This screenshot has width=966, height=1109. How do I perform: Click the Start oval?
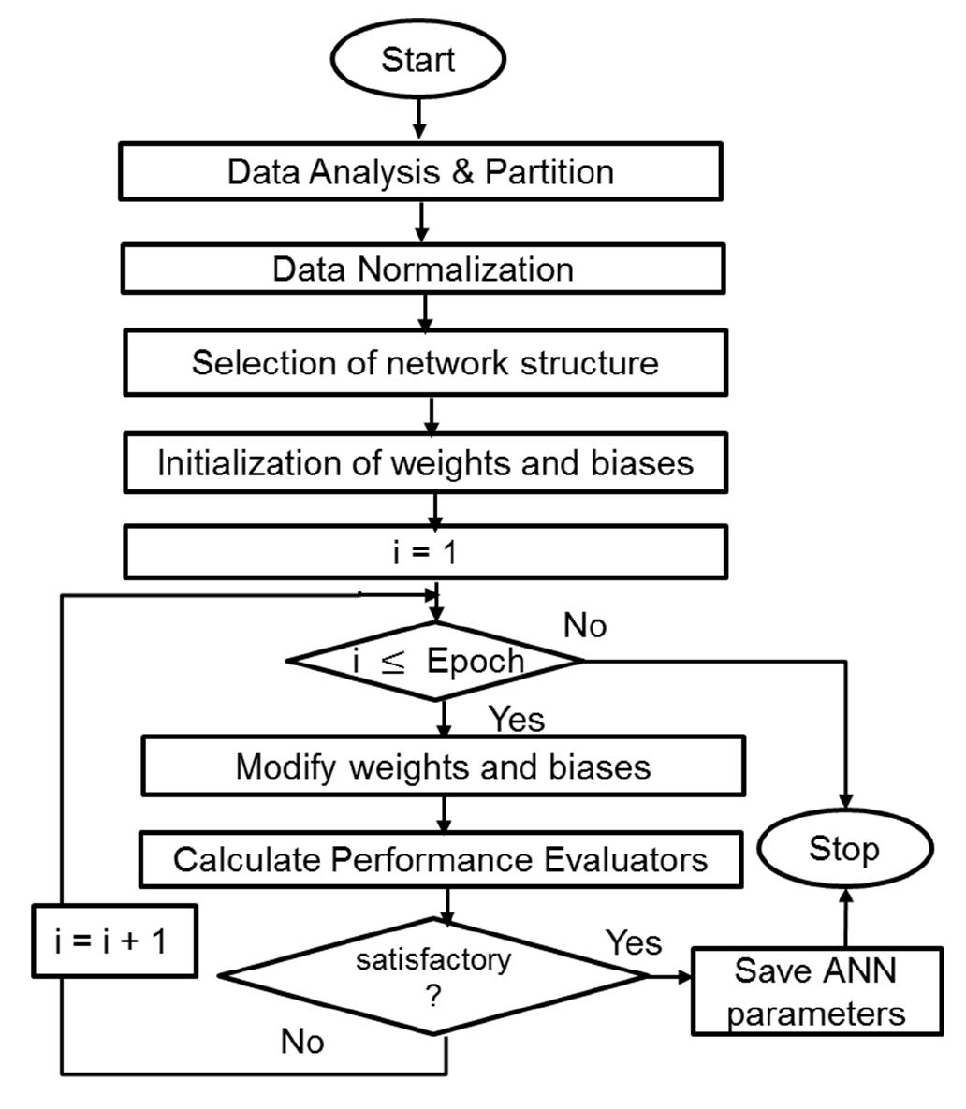417,60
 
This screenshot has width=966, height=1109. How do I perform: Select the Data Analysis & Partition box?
420,171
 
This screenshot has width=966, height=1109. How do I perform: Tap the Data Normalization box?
422,270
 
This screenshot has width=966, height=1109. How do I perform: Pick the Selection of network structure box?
425,362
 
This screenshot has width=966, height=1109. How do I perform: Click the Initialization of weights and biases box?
425,463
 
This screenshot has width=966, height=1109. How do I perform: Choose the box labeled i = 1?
425,552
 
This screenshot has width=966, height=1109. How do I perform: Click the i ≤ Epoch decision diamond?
436,661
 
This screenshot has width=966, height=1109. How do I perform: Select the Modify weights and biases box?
443,767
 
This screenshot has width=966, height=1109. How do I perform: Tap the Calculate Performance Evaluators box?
441,859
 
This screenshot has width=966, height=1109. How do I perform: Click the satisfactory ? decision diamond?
432,976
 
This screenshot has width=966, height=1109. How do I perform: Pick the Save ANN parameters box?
816,992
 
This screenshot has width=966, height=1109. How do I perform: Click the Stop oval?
844,849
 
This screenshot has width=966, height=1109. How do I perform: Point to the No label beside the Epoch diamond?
585,626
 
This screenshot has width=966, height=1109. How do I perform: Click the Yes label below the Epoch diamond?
517,719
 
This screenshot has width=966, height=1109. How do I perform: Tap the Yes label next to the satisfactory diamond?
634,941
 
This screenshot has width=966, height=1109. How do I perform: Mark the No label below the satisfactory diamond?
302,1041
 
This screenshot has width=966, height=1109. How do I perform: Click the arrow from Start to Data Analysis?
418,118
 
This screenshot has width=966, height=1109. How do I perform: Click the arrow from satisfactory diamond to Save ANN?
670,976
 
